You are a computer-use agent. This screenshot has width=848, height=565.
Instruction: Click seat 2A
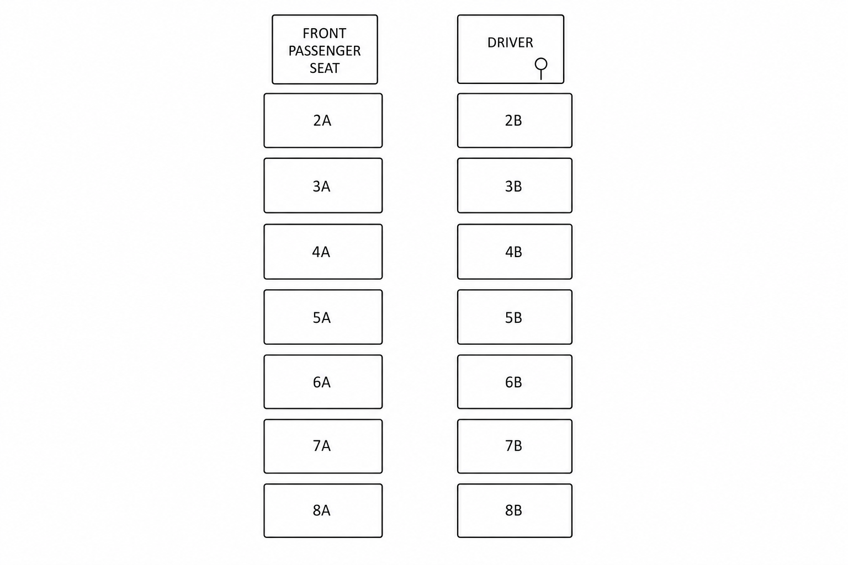click(323, 120)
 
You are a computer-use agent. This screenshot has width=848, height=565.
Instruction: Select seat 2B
click(515, 120)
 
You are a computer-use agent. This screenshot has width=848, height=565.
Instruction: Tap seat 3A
click(323, 185)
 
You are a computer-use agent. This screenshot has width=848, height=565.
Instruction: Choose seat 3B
click(515, 185)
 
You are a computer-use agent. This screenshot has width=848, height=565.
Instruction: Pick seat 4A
click(323, 252)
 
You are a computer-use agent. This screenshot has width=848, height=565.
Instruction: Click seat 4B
click(515, 252)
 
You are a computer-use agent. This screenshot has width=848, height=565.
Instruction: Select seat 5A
click(323, 317)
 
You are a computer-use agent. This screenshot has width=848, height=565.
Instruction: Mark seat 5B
click(515, 317)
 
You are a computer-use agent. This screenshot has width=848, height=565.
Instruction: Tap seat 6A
click(323, 382)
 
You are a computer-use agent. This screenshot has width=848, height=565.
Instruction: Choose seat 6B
click(515, 382)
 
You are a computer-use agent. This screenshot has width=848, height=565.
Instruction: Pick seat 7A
click(323, 446)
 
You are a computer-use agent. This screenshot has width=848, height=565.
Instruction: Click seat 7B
click(515, 446)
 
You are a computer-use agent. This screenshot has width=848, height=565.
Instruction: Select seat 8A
click(323, 510)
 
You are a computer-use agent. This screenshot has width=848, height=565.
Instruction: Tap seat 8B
click(515, 510)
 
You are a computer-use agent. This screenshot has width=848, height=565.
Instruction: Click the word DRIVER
click(510, 43)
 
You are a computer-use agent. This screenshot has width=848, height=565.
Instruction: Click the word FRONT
click(325, 33)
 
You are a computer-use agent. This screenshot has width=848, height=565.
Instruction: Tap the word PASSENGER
click(325, 51)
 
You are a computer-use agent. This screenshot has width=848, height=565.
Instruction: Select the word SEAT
click(325, 68)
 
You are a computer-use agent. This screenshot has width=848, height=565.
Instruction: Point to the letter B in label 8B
click(518, 510)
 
